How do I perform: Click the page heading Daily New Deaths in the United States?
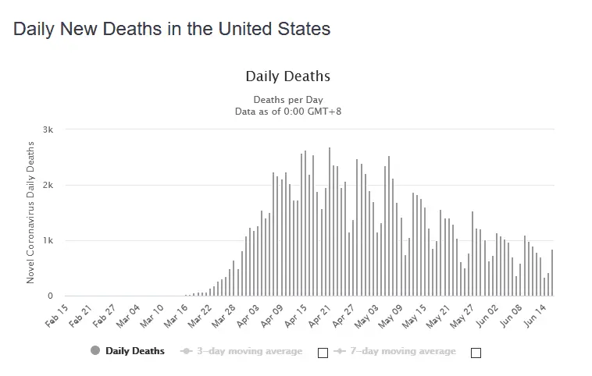(172, 30)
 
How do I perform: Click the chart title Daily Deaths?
(287, 76)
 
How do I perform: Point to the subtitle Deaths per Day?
(287, 100)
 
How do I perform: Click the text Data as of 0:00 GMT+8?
(287, 111)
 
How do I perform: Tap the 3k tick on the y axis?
(48, 129)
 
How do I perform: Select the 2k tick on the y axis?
(48, 185)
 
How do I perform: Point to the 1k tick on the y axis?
(48, 240)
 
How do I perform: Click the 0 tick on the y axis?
(50, 296)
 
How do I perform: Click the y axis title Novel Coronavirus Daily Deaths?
(31, 212)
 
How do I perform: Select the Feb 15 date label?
(57, 313)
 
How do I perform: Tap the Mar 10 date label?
(153, 313)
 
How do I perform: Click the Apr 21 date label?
(322, 313)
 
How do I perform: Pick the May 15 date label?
(418, 313)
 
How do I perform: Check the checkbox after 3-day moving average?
(323, 353)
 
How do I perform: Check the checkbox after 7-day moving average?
(476, 353)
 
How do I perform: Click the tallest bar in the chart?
(330, 222)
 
